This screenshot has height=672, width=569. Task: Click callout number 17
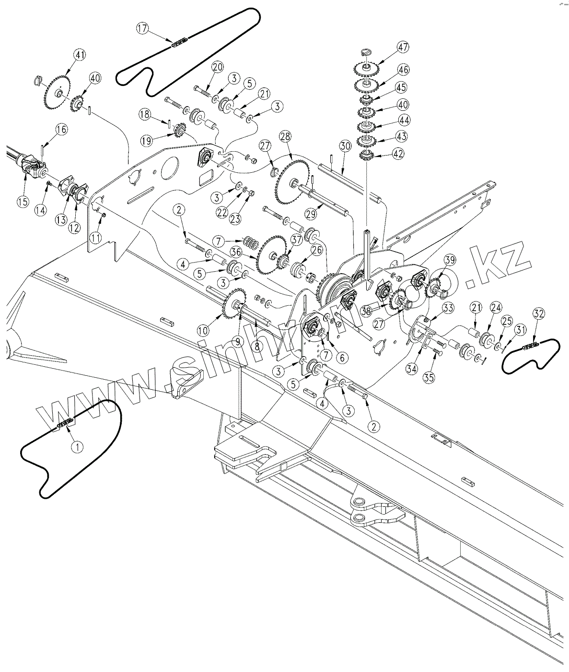pos(142,28)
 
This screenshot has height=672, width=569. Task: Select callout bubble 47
pos(402,47)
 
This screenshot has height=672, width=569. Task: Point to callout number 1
pos(77,446)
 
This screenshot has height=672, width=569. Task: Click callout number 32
pos(539,314)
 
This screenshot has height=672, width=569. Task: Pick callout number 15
pos(23,202)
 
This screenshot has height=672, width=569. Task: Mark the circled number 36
pos(235,251)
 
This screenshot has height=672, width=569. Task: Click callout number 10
pos(203,330)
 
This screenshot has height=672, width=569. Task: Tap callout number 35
pos(429,378)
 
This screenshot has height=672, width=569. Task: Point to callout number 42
pos(398,154)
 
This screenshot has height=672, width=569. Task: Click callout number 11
pos(97,237)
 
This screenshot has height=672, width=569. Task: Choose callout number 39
pos(449,260)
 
